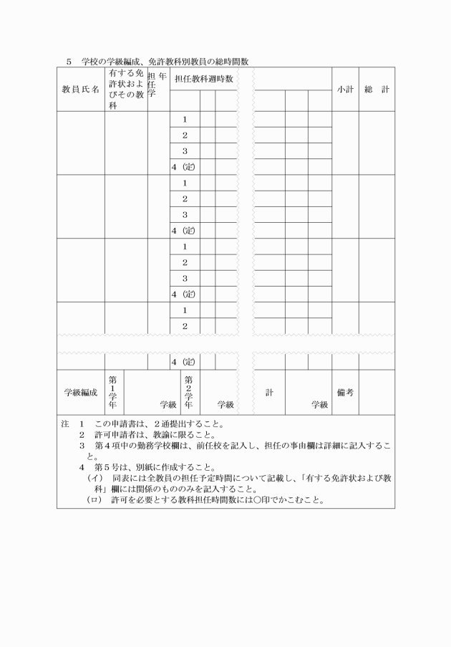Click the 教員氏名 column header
pos(80,90)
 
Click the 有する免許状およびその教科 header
pos(126,90)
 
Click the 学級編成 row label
pos(80,393)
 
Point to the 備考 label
pos(344,393)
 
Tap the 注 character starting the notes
pos(65,425)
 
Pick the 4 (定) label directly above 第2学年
pos(184,361)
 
